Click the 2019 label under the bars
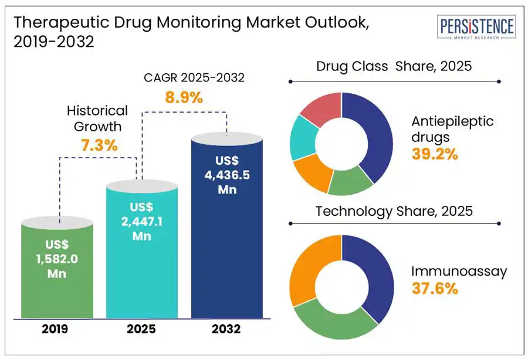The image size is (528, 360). click(55, 329)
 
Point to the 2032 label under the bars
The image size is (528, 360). click(226, 329)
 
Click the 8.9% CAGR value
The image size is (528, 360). click(184, 97)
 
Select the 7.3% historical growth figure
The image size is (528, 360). click(99, 145)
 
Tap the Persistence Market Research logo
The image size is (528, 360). click(476, 27)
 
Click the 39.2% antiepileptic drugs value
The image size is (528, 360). click(435, 154)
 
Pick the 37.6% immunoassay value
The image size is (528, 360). click(435, 288)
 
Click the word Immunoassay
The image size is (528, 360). click(459, 271)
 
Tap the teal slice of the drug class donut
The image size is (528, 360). click(303, 138)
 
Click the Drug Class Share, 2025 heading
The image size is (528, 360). click(394, 66)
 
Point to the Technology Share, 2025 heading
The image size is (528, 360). click(394, 211)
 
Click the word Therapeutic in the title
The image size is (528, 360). click(62, 23)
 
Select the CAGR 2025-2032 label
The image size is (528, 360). click(194, 78)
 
